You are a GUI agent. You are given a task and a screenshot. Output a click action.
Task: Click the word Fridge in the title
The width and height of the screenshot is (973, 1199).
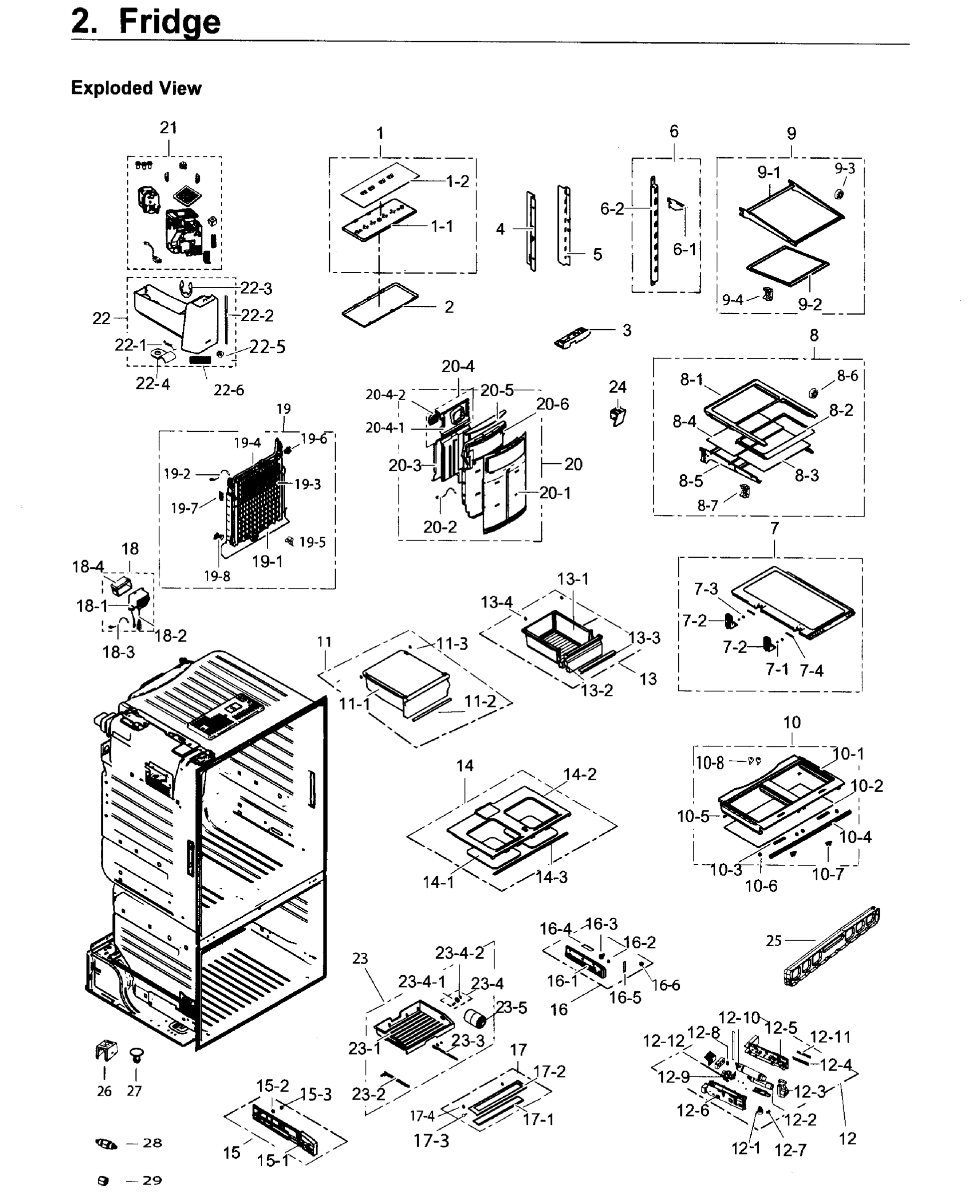[169, 22]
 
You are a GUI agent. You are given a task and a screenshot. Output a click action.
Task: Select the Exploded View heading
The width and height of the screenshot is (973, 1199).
[136, 88]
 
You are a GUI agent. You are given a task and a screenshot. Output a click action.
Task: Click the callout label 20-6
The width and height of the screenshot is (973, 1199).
[552, 404]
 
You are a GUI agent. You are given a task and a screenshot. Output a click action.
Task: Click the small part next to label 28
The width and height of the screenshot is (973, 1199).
[106, 1144]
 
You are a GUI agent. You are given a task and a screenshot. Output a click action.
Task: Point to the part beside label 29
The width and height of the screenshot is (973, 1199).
[103, 1181]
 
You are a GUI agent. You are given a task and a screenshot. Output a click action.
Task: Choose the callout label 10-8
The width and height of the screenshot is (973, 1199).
[710, 763]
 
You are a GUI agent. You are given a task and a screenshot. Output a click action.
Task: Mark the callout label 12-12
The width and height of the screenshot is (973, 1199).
[664, 1041]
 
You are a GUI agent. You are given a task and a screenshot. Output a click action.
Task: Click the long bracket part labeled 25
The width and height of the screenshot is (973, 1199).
[832, 947]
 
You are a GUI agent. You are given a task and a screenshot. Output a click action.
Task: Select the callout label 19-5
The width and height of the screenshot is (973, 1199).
[312, 542]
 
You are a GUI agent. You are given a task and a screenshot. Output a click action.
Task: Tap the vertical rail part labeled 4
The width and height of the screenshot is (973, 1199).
[531, 231]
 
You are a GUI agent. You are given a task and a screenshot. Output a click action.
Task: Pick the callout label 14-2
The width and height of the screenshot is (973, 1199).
[579, 774]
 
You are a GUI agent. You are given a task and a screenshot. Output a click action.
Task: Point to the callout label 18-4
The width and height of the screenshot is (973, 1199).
[87, 567]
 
